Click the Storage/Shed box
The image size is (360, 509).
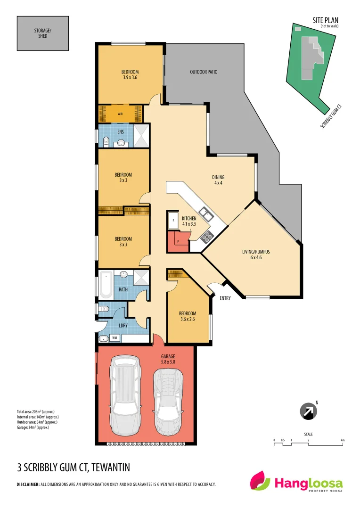pos(43,33)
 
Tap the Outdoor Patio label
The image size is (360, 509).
pos(204,72)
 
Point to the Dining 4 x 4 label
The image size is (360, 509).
pos(218,180)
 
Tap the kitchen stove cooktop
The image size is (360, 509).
pos(207,234)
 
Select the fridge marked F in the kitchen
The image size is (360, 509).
pos(172,220)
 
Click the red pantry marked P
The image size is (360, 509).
pos(179,241)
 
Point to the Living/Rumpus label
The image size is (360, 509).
pos(255,254)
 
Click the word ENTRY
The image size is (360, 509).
pos(225,298)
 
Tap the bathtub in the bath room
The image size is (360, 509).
pos(106,285)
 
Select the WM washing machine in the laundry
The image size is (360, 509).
pos(114,337)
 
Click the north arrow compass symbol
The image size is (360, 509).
pos(309,411)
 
